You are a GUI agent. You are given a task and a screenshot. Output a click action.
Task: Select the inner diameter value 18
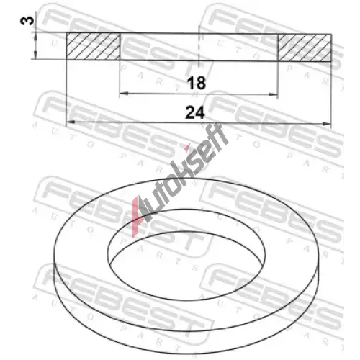197,83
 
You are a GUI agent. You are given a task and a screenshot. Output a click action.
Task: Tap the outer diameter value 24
195,112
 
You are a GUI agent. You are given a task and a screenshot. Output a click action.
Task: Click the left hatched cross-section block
93,46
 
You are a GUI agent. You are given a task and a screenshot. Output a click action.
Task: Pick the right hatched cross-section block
305,48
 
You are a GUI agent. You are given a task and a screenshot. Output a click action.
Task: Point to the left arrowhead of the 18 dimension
124,93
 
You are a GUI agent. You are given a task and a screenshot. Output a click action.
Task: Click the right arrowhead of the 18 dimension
274,95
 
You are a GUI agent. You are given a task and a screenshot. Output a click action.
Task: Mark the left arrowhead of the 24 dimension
70,122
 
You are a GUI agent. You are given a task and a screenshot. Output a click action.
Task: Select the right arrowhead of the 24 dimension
327,124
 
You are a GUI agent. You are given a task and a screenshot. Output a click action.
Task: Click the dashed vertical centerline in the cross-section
199,45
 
